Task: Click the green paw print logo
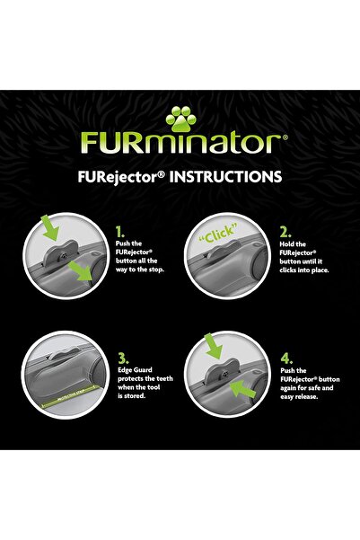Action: [x=180, y=117]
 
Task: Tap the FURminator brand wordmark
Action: [x=180, y=143]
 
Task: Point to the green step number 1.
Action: [x=120, y=230]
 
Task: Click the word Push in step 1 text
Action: [x=125, y=243]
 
